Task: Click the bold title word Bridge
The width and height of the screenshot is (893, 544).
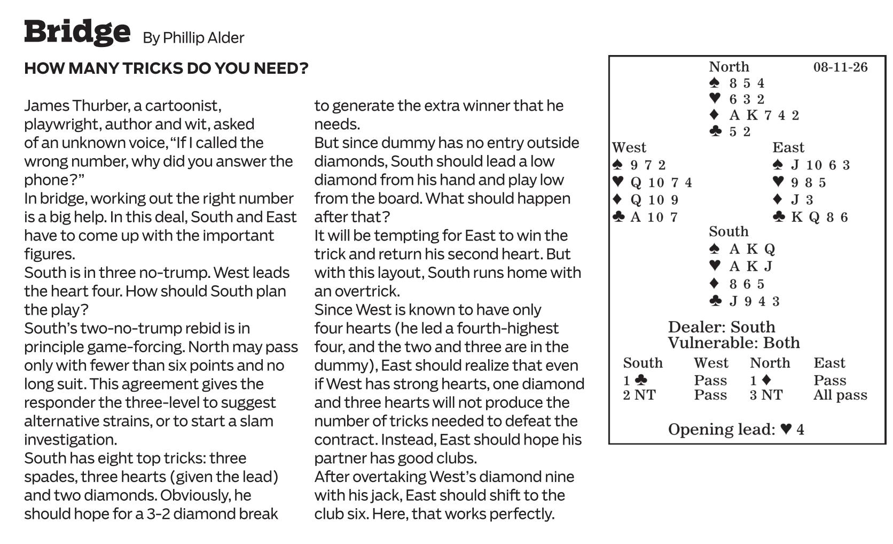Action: coord(77,32)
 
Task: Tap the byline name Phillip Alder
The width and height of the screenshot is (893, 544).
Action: coord(203,38)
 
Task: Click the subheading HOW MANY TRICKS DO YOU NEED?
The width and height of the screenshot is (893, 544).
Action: coord(166,68)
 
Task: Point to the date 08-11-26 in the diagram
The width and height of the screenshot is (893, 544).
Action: coord(840,67)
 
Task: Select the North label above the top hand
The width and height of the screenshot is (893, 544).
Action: coord(728,67)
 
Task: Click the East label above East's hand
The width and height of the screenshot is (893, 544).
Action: coord(788,147)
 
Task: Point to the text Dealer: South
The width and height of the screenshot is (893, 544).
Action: coord(722,327)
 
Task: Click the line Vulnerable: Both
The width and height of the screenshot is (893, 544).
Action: coord(734,343)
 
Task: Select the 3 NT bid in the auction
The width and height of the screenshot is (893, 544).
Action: coord(766,395)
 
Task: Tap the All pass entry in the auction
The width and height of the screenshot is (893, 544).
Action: coord(840,395)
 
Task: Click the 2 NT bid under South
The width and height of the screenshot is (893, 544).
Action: coord(639,395)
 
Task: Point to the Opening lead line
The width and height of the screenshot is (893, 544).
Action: coord(736,429)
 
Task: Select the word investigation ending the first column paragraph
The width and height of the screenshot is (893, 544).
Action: coord(70,439)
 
